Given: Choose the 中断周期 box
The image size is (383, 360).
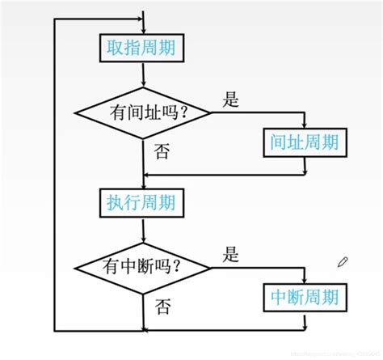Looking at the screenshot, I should point(305,297).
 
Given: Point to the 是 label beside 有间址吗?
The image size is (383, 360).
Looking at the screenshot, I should point(231,100).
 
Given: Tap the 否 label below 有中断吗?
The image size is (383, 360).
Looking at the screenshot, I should point(162,307).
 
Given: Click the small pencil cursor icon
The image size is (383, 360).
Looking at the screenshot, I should point(343,261).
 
